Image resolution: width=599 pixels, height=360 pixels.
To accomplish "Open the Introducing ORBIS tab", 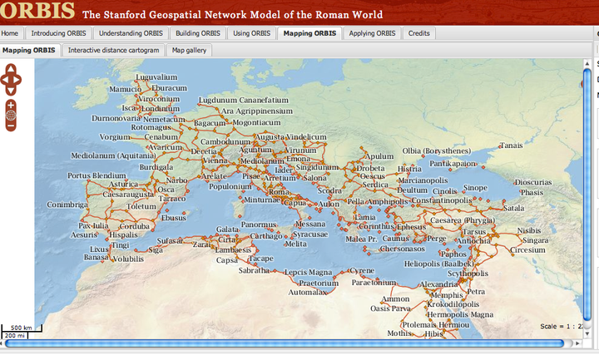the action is (57, 34).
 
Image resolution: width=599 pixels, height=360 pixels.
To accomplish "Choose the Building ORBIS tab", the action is (196, 34).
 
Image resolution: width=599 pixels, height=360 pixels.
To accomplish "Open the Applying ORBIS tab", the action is (372, 34).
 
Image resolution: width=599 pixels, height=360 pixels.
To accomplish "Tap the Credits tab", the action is (418, 34).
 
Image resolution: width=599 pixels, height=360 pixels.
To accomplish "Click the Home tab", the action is (10, 34).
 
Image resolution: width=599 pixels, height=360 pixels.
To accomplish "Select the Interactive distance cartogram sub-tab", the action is (113, 50).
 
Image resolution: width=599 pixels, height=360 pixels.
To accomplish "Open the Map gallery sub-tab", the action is (190, 50).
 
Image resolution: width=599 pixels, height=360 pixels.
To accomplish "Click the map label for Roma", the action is (279, 192).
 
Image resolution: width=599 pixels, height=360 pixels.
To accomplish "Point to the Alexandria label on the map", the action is (439, 284).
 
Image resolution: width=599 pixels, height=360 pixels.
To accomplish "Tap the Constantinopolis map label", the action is (441, 201).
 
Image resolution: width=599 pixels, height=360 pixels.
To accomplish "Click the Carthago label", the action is (266, 236).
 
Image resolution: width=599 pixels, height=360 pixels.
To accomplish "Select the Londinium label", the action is (161, 108).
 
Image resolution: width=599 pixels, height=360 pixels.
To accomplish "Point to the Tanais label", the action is (510, 145).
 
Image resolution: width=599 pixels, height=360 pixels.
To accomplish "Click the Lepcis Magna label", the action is (308, 272).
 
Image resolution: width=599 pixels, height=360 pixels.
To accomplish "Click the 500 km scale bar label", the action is (22, 328).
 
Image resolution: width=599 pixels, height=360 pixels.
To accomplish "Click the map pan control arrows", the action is (11, 80).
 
